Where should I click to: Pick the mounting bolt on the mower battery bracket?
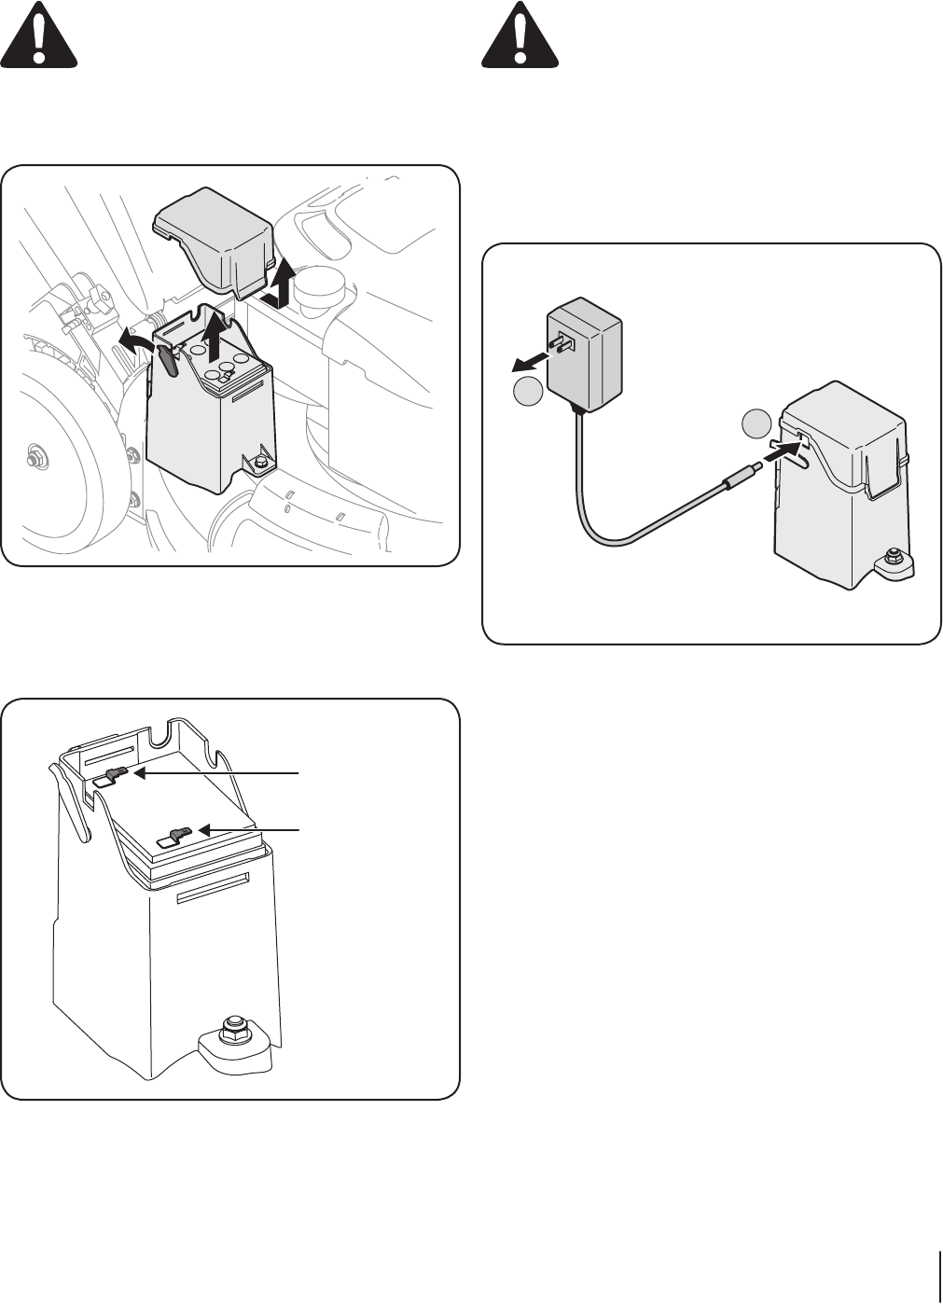(258, 462)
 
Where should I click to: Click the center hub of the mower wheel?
(35, 459)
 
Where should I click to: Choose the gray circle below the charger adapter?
(528, 394)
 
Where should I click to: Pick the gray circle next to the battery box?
(756, 425)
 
